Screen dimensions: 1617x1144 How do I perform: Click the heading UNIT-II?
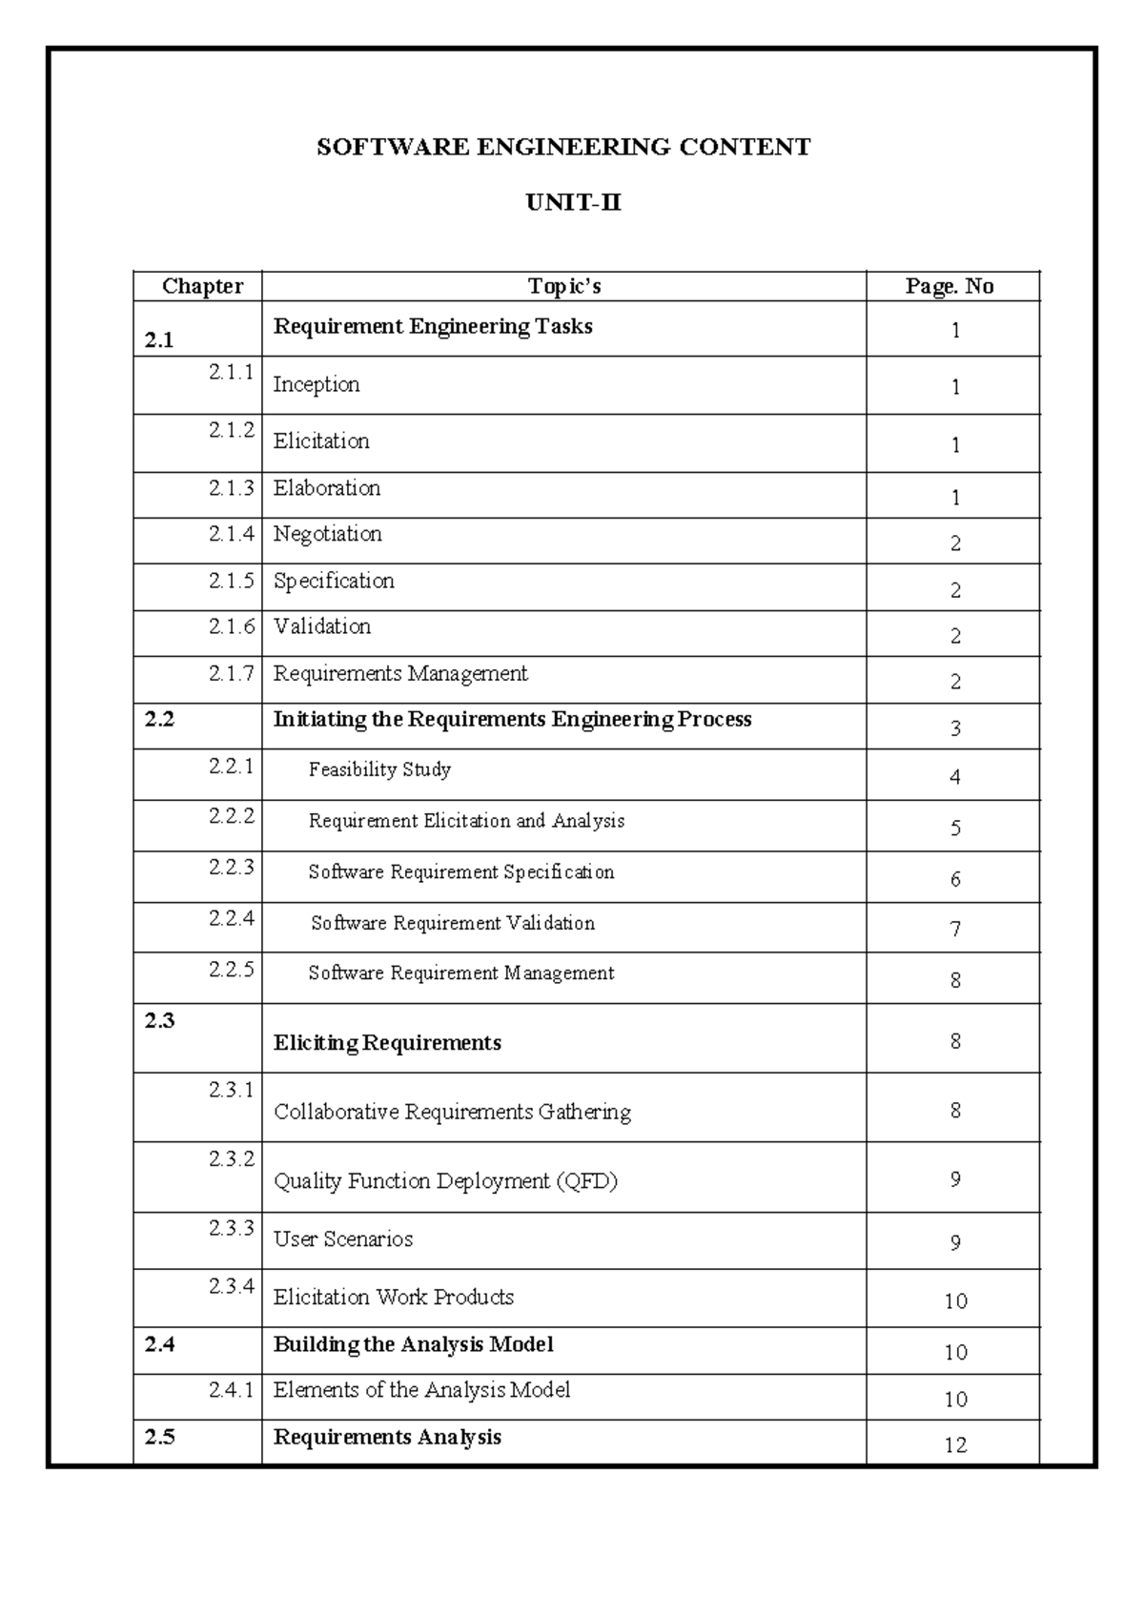pos(573,203)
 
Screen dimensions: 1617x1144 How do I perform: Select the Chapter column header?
pos(202,286)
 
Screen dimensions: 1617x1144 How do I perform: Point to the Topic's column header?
pos(564,286)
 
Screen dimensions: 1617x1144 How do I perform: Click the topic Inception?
pos(317,384)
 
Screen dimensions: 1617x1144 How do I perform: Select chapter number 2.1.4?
pos(232,534)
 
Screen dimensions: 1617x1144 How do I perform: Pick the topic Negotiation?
pos(328,534)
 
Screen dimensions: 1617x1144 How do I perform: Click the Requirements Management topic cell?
pos(400,674)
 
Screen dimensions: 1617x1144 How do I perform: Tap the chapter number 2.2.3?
pos(232,867)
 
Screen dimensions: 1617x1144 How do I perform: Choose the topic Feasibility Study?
pos(379,769)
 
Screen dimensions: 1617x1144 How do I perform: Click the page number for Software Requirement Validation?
pos(955,929)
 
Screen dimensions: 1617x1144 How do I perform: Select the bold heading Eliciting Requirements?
pos(387,1043)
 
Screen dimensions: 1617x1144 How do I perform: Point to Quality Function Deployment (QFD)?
pos(445,1181)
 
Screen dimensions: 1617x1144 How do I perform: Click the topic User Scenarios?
pos(343,1239)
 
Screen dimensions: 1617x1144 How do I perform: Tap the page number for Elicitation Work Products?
pos(955,1301)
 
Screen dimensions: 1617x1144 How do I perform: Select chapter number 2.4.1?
pos(232,1390)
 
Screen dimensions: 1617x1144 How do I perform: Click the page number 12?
pos(955,1445)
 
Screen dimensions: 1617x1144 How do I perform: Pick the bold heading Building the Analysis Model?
pos(413,1344)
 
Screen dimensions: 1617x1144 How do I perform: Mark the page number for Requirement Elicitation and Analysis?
pos(955,829)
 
